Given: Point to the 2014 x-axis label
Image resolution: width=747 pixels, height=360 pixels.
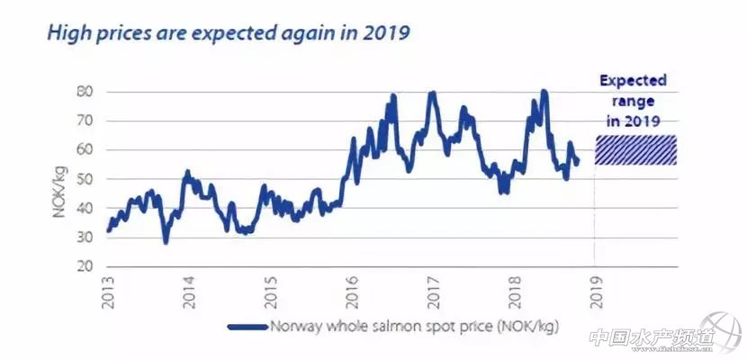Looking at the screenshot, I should coord(190,294).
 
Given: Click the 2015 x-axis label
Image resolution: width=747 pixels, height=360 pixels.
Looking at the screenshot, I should coord(272,294).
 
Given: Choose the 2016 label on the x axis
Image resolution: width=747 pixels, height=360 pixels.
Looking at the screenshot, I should coord(353,294).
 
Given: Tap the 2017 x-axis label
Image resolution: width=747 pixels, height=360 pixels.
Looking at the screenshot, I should coord(434,294).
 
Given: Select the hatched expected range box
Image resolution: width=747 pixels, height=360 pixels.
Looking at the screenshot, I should coord(635,150).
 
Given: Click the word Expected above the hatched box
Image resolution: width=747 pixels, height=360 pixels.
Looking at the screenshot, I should coord(634,81).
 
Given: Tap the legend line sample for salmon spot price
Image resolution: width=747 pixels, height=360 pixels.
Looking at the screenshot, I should coord(248,328).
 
